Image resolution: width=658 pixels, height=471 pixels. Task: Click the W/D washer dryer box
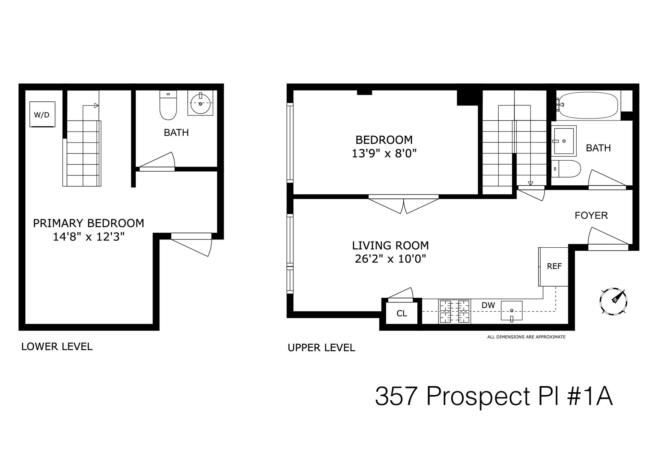pyautogui.click(x=42, y=114)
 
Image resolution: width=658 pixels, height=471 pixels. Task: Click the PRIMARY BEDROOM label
pyautogui.click(x=88, y=223)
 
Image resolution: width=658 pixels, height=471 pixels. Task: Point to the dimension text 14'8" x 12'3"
pyautogui.click(x=88, y=237)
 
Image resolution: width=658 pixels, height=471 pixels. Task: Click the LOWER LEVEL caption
pyautogui.click(x=57, y=347)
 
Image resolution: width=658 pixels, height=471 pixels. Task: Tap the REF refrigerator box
pyautogui.click(x=554, y=267)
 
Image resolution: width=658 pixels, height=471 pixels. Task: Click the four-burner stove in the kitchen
pyautogui.click(x=454, y=311)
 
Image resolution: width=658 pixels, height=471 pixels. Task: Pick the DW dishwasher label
pyautogui.click(x=488, y=305)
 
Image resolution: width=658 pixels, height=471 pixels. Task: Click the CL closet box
pyautogui.click(x=402, y=313)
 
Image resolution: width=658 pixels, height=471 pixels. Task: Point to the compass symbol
pyautogui.click(x=613, y=301)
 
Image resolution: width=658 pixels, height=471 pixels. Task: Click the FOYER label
pyautogui.click(x=591, y=215)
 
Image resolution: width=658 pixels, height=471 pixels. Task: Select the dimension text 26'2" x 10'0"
pyautogui.click(x=390, y=259)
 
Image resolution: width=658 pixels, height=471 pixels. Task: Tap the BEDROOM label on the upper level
pyautogui.click(x=384, y=140)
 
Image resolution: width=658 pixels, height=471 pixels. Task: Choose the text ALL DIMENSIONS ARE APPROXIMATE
pyautogui.click(x=526, y=337)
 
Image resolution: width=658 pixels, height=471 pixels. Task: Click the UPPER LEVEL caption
pyautogui.click(x=321, y=348)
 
